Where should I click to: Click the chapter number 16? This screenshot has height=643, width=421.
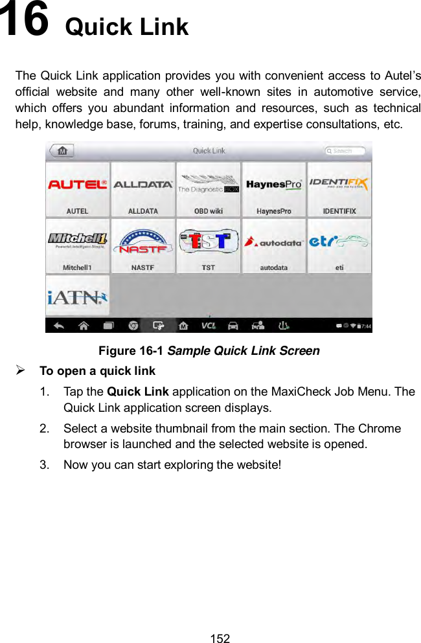coord(24,21)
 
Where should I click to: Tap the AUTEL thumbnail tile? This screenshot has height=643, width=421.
coord(78,189)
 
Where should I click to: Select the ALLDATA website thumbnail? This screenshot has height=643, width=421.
coord(143,189)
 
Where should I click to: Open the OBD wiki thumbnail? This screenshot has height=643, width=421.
coord(208,189)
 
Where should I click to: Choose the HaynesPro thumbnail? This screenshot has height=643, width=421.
coord(274,189)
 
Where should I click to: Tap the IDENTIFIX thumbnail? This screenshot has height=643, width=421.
coord(339,189)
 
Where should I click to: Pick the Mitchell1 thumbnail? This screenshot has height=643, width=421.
coord(78,245)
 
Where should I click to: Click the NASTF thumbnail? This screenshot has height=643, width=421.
coord(143,245)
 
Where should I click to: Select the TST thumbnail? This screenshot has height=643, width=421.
coord(208,245)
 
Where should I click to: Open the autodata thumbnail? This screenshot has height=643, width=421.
coord(274,245)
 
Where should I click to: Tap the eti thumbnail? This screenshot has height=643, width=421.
coord(339,245)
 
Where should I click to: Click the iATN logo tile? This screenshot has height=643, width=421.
coord(78,297)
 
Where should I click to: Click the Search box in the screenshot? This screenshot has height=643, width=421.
coord(345,151)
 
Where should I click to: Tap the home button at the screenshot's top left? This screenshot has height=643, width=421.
coord(62,151)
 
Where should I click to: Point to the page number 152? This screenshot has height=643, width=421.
coord(220,638)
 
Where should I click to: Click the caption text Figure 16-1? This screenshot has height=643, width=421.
coord(131,351)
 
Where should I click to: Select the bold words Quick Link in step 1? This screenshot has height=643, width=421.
coord(137,392)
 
